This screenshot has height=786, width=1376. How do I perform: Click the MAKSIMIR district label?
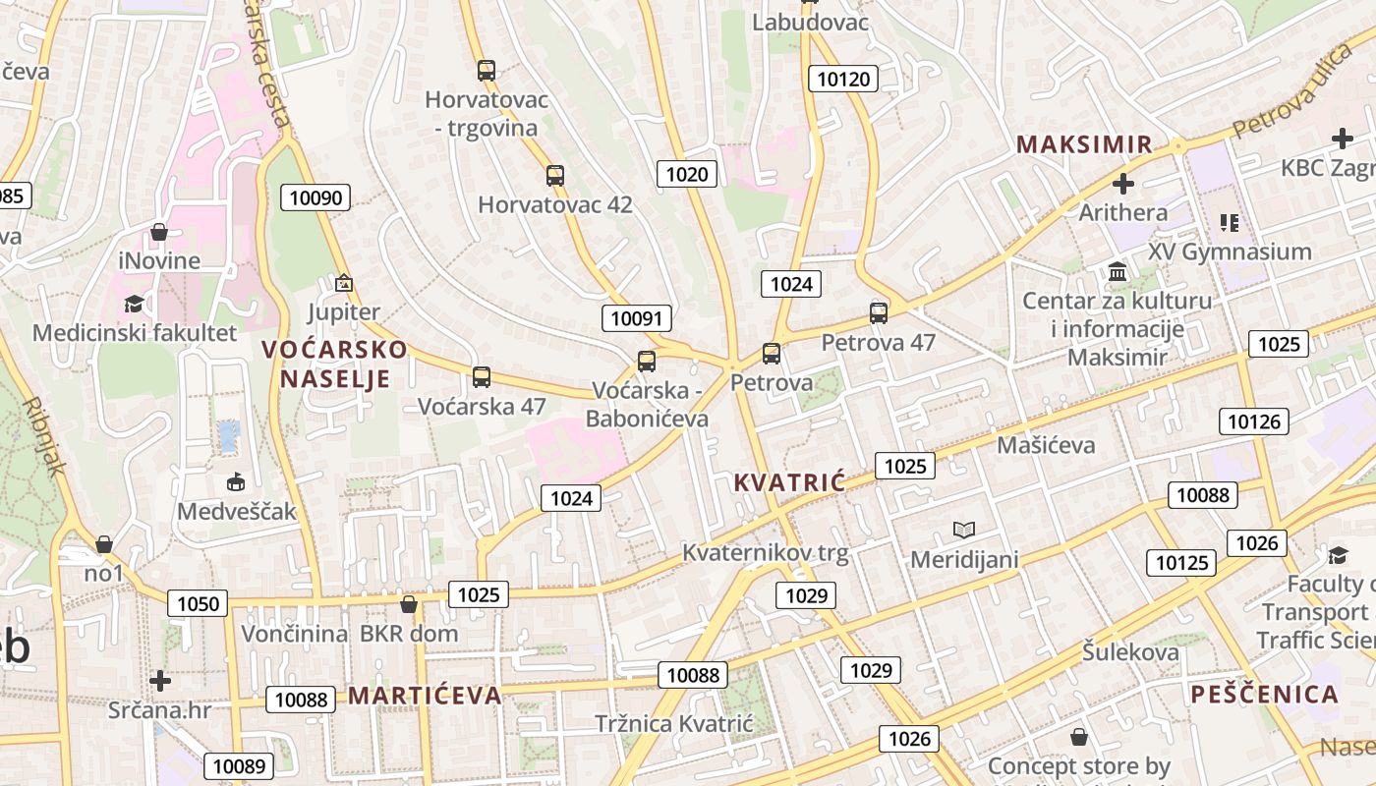1084,144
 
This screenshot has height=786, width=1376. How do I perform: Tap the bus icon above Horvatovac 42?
555,176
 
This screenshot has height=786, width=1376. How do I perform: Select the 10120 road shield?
843,79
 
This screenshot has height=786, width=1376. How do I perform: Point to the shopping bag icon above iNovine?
159,233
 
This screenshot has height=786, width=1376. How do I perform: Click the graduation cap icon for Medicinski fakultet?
135,304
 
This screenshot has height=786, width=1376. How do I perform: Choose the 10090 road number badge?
315,197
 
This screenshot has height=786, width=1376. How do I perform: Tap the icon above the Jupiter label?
343,283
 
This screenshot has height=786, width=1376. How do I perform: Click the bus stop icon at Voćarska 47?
482,376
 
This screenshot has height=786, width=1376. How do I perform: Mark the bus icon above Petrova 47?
879,313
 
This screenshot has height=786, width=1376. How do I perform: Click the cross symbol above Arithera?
1122,184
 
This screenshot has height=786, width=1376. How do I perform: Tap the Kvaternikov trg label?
765,552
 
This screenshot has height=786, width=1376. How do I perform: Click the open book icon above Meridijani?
964,531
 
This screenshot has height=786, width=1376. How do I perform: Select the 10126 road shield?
1254,421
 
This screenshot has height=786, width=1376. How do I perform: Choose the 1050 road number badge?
198,603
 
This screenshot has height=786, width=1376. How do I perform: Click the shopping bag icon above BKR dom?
409,604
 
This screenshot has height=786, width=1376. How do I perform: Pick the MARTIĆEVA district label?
425,696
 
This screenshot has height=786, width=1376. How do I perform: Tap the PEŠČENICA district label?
1265,695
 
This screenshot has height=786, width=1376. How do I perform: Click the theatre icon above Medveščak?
236,482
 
